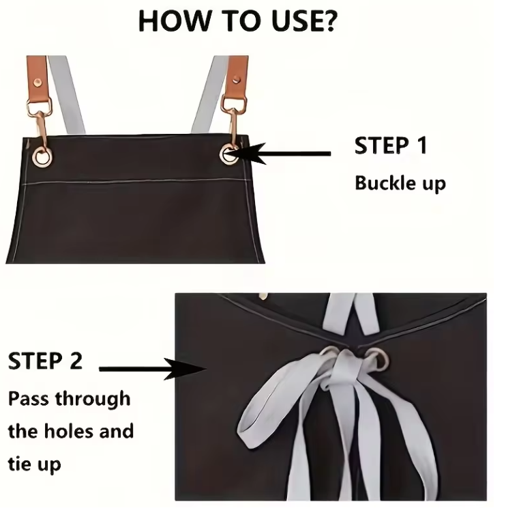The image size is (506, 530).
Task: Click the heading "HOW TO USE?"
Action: (x=237, y=21)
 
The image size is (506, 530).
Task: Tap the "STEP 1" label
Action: (x=391, y=145)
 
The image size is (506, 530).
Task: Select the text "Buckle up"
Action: (x=400, y=184)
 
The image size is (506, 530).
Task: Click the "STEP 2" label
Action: (x=45, y=361)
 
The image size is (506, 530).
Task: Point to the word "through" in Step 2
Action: (x=93, y=399)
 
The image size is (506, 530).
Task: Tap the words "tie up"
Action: (x=34, y=464)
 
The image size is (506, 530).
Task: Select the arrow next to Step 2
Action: (x=153, y=369)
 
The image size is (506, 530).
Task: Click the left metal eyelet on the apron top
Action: (x=42, y=157)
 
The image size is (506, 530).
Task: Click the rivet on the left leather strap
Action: (x=37, y=82)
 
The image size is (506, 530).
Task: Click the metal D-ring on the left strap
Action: (x=38, y=106)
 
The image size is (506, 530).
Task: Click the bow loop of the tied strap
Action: (x=267, y=406)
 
